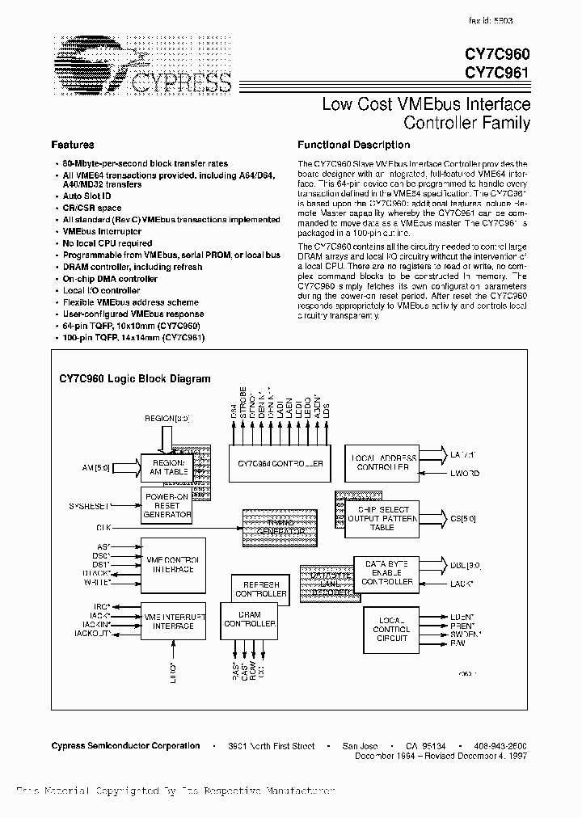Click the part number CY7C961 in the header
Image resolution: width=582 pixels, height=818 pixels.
(497, 71)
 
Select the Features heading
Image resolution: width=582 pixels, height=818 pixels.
(73, 145)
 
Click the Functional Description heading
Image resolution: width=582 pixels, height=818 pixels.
(353, 145)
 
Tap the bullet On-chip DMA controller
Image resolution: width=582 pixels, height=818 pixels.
(110, 279)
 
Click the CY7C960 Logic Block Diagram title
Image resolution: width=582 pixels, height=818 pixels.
(135, 378)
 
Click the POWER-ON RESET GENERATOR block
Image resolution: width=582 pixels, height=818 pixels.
(167, 505)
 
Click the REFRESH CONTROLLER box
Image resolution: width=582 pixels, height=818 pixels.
(260, 589)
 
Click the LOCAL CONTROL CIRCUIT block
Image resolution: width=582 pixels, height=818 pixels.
(391, 628)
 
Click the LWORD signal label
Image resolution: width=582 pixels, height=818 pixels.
(463, 474)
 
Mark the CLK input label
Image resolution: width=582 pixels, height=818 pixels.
(103, 526)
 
